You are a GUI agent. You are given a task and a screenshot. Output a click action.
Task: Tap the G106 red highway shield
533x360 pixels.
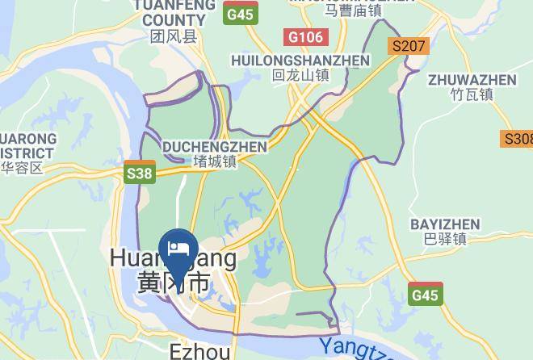(306, 37)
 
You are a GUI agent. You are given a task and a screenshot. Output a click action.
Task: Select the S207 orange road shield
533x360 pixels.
(407, 46)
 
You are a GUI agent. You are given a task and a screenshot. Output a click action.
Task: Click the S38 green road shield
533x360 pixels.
(140, 173)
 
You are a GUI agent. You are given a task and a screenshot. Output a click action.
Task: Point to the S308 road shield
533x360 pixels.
(518, 139)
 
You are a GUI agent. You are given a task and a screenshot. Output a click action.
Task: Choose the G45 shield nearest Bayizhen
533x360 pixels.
(425, 295)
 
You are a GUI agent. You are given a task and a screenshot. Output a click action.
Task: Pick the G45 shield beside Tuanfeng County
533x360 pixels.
(240, 15)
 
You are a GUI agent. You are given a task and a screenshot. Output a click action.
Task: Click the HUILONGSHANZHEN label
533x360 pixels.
(300, 61)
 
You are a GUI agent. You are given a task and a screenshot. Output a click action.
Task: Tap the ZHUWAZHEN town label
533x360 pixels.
(472, 80)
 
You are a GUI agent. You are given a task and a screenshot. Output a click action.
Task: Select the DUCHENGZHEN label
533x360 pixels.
(215, 147)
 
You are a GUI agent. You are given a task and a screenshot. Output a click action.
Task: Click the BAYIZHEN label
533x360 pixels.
(445, 224)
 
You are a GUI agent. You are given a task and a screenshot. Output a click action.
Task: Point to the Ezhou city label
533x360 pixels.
(200, 351)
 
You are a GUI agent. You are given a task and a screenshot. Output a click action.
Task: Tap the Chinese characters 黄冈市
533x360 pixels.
(173, 283)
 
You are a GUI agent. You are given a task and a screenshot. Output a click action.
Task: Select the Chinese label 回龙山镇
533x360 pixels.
(300, 75)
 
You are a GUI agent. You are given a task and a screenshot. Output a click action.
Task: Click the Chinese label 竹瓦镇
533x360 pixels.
(472, 94)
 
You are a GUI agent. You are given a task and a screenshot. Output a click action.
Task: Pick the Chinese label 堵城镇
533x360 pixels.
(215, 161)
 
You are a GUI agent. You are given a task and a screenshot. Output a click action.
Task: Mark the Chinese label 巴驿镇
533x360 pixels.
(445, 238)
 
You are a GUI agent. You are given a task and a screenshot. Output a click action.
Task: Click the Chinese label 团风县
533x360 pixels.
(174, 36)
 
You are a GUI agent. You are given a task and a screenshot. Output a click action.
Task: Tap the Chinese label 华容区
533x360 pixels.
(21, 168)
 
